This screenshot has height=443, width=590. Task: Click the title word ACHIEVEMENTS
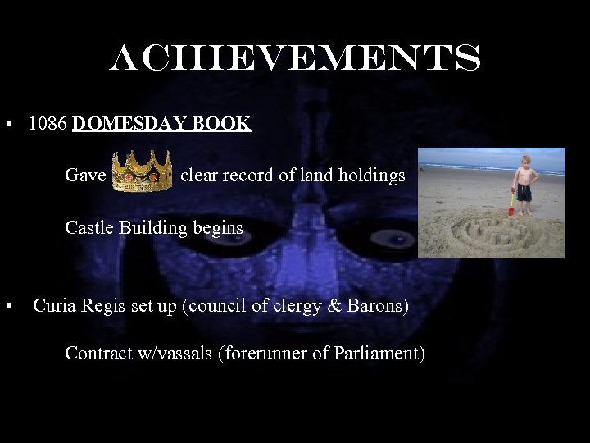point(295,58)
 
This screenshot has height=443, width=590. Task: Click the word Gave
point(85,176)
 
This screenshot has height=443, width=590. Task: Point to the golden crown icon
point(142,171)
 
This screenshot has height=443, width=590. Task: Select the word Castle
point(89,227)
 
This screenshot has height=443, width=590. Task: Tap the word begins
point(217,227)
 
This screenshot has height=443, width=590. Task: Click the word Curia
point(55,306)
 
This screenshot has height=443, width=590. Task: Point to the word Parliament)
point(381,354)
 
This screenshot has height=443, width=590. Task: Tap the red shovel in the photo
point(511,203)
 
